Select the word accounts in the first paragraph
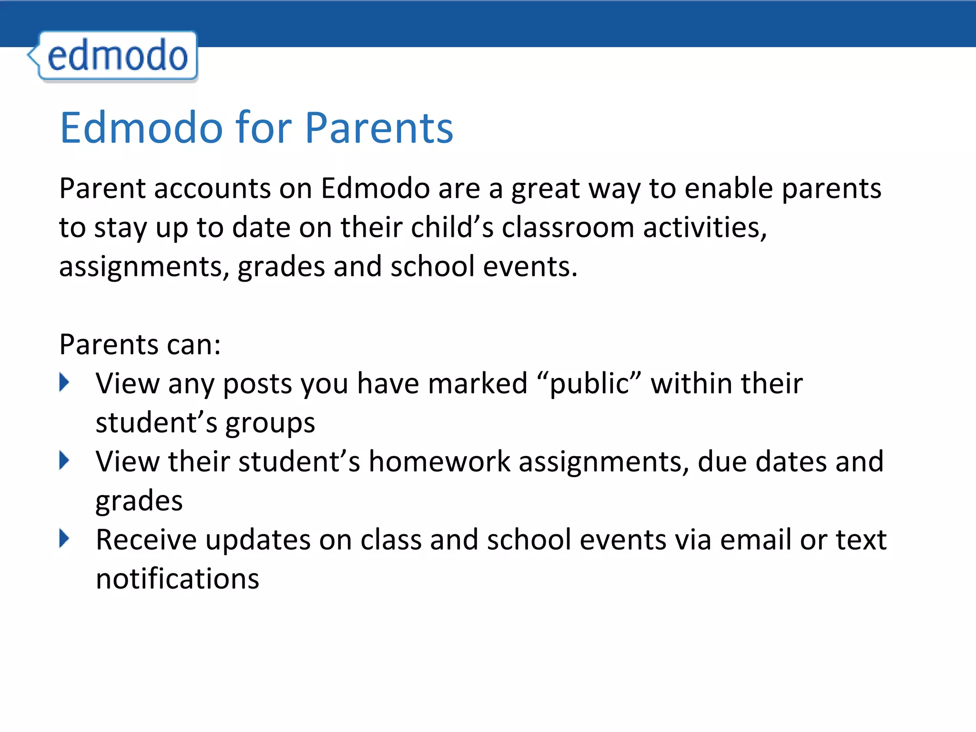click(212, 189)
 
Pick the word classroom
click(568, 227)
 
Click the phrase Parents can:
click(140, 345)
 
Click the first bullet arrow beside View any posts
click(64, 382)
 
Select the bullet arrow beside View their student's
click(64, 460)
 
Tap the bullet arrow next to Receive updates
click(64, 539)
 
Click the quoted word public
click(589, 384)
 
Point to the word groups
click(270, 424)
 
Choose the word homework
click(439, 462)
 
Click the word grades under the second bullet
click(139, 501)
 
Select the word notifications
click(177, 579)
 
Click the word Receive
click(146, 540)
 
